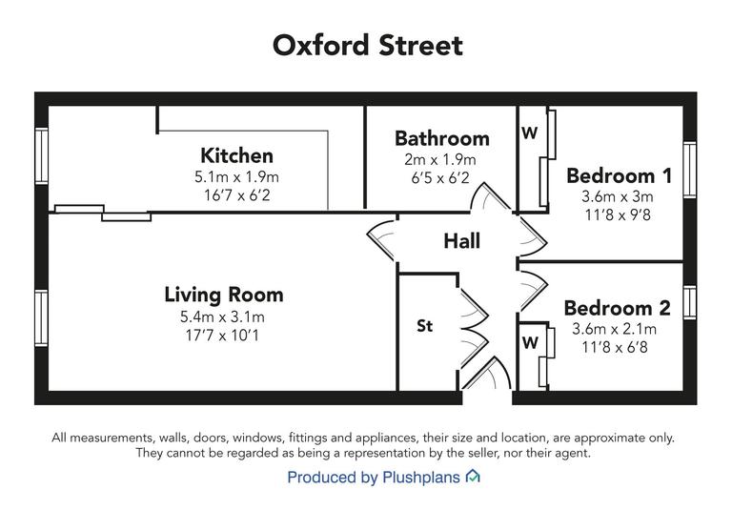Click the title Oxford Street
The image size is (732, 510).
pos(367,45)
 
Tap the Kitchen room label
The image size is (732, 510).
pos(236,155)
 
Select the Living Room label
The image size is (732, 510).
pos(223,295)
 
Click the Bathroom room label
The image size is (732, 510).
pos(441,139)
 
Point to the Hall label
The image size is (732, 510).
pos(461,241)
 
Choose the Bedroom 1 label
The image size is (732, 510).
pos(619,175)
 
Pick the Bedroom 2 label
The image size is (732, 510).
pos(617,308)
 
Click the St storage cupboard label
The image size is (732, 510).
pos(424,326)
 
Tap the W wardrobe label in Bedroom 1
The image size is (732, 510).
pos(529,133)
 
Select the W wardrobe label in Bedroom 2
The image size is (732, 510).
pos(529,341)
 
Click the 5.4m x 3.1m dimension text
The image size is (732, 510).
pos(223,316)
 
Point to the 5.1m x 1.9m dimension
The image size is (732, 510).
pos(236,177)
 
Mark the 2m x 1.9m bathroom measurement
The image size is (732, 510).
pos(441,160)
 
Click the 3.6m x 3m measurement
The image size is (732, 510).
pos(619,196)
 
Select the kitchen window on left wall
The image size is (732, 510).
pos(41,154)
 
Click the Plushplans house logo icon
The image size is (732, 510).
pos(473,477)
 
